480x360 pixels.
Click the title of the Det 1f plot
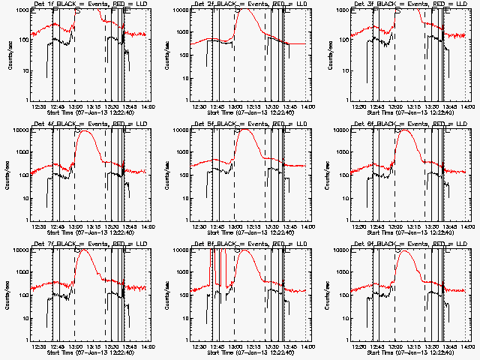pyautogui.click(x=91, y=4)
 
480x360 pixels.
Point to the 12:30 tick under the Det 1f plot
pyautogui.click(x=39, y=106)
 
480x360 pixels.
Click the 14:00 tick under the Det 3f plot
pyautogui.click(x=468, y=106)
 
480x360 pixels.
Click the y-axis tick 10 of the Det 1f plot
pyautogui.click(x=24, y=70)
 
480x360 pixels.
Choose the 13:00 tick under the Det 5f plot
pyautogui.click(x=235, y=226)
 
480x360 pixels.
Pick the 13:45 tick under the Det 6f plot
pyautogui.click(x=449, y=226)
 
